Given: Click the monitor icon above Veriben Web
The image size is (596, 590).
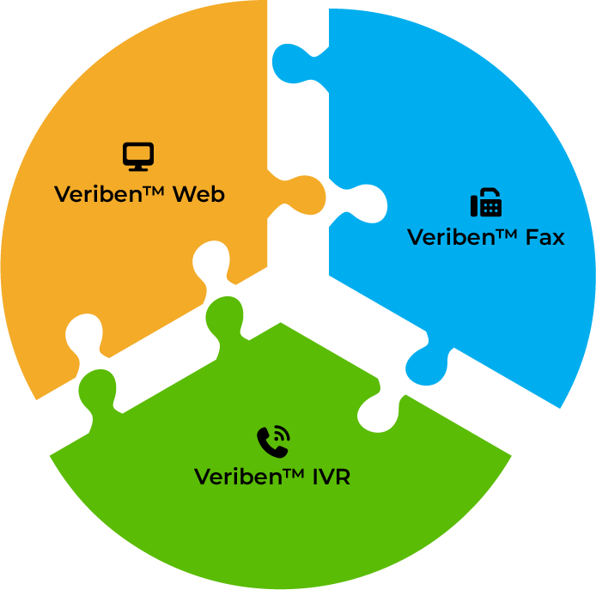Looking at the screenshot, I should coord(137,156).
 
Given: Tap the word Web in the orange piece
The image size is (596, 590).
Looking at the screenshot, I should coord(198,194).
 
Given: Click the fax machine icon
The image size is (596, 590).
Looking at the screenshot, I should coord(485,204).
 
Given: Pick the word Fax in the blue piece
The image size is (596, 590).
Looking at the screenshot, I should coord(544,237).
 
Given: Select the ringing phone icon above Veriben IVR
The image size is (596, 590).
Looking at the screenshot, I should coord(273,442).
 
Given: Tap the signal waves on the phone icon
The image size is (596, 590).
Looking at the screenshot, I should coord(282,435).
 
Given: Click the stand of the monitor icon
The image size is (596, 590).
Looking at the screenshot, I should coord(137,167).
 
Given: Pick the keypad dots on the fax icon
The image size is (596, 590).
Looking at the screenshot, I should coord(490,207).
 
